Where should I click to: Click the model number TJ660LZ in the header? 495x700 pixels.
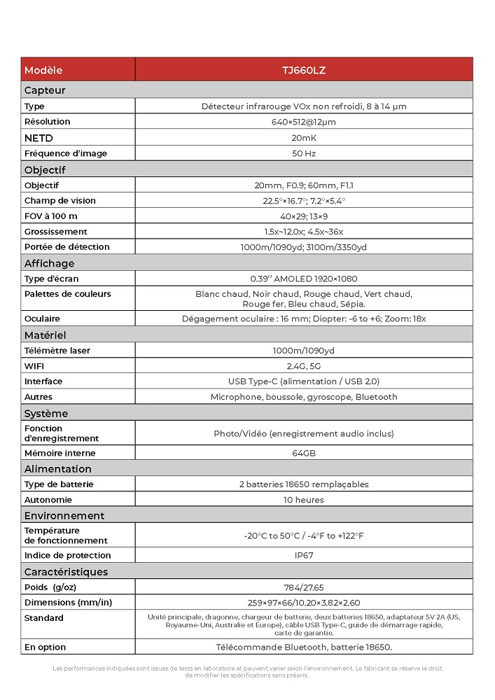tap(303, 70)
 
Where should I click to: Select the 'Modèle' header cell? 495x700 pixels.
tap(43, 70)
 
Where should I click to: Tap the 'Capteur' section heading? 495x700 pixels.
tap(45, 90)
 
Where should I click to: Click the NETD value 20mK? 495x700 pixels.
tap(303, 138)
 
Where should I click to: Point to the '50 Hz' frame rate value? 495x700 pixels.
tap(303, 153)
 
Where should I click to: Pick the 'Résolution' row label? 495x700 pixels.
tap(47, 122)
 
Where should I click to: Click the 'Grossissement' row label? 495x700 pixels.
tap(56, 232)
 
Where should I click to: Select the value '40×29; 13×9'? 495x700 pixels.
tap(303, 216)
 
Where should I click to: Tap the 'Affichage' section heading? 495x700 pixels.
tap(49, 263)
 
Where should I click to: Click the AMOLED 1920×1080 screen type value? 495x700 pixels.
tap(303, 279)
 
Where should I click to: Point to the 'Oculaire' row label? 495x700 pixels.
tap(42, 319)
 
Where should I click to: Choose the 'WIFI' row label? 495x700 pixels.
tap(34, 366)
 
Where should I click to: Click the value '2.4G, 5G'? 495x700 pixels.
tap(303, 366)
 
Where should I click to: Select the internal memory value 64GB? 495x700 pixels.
tap(303, 453)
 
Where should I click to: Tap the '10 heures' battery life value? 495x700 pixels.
tap(303, 500)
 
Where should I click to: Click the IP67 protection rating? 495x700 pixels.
tap(303, 555)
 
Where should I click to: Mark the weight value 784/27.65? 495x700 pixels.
tap(303, 587)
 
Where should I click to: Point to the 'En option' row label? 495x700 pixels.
tap(45, 647)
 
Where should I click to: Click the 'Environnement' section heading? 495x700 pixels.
tap(64, 516)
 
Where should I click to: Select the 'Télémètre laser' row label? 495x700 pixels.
tap(57, 351)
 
